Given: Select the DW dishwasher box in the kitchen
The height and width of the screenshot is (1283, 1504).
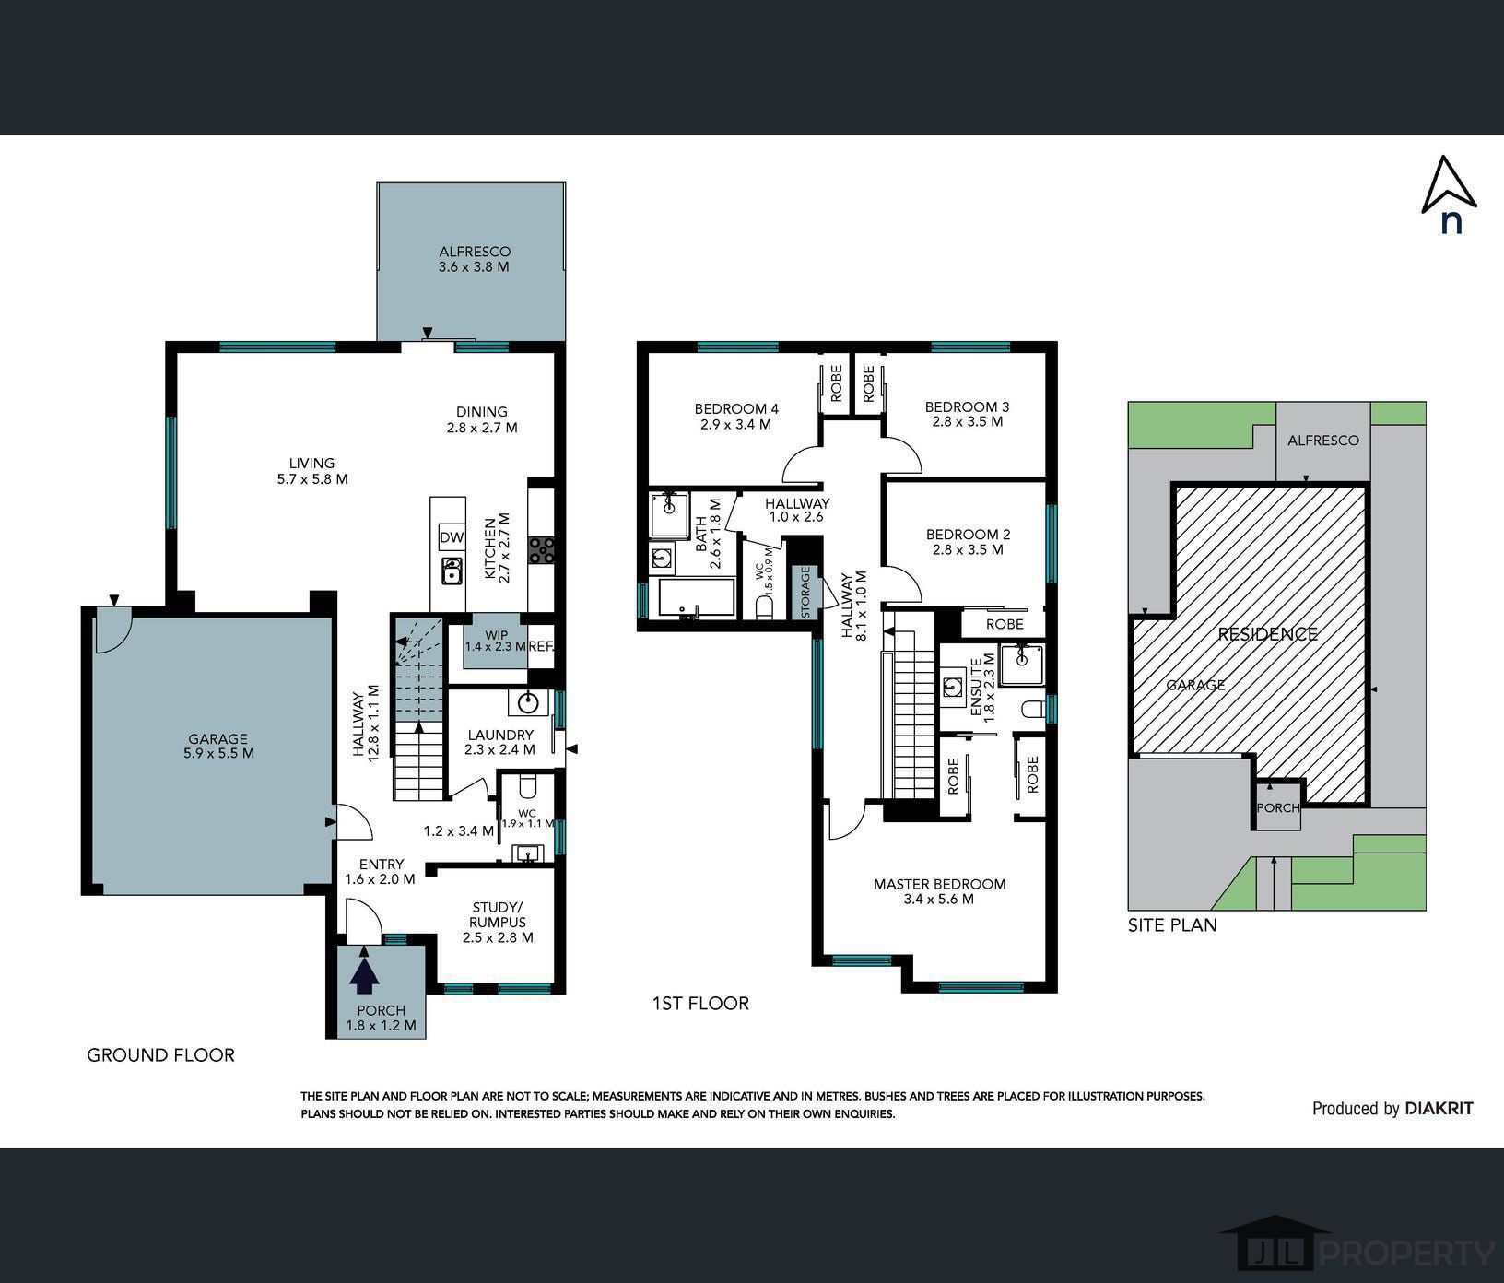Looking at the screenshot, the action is pyautogui.click(x=452, y=537).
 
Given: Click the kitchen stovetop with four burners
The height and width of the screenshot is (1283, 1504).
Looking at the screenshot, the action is pyautogui.click(x=541, y=550).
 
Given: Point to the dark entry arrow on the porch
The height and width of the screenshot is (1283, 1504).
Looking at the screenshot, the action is pyautogui.click(x=366, y=975).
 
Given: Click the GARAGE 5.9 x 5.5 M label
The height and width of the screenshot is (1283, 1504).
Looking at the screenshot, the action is pyautogui.click(x=218, y=746).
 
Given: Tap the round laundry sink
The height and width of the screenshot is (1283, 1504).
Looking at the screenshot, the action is pyautogui.click(x=527, y=703).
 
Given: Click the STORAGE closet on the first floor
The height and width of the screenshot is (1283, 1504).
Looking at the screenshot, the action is pyautogui.click(x=805, y=591).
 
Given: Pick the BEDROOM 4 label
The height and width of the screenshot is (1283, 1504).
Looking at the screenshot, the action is pyautogui.click(x=736, y=417).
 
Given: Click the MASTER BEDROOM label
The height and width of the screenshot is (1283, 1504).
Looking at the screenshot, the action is pyautogui.click(x=939, y=891).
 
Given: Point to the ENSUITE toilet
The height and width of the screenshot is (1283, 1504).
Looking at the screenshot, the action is pyautogui.click(x=1034, y=709).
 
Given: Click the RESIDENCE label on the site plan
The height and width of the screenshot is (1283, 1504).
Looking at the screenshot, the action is pyautogui.click(x=1267, y=634).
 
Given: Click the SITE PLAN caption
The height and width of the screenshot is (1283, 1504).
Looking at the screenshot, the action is pyautogui.click(x=1172, y=924).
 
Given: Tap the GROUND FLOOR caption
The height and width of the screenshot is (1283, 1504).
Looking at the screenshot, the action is pyautogui.click(x=160, y=1055).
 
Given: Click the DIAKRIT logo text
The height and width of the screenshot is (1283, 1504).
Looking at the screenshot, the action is pyautogui.click(x=1439, y=1108).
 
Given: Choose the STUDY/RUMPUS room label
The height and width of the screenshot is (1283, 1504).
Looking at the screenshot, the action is pyautogui.click(x=498, y=922).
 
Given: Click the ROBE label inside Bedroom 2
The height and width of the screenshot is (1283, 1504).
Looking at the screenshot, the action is pyautogui.click(x=1005, y=624).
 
